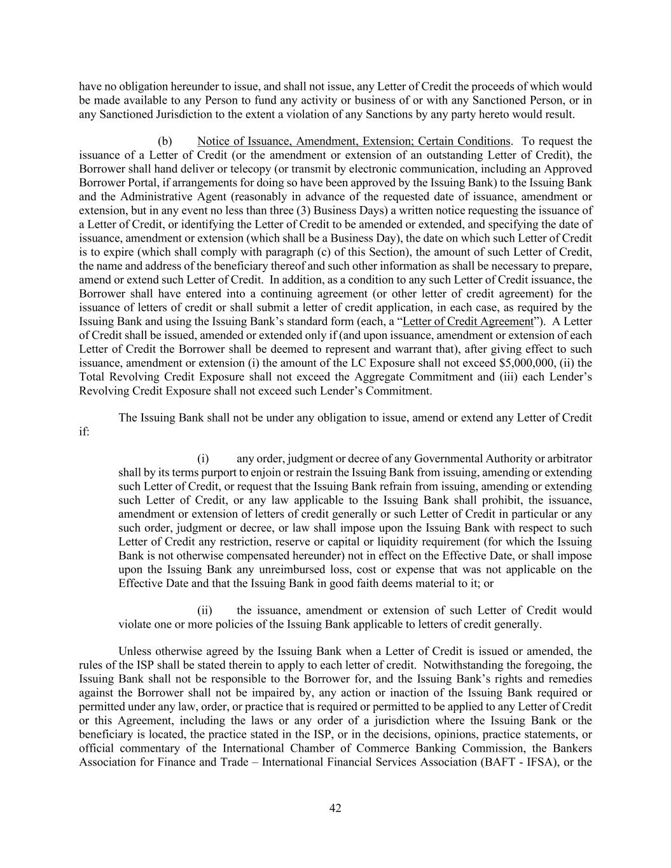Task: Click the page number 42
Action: [x=335, y=808]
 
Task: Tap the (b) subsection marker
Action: [x=165, y=141]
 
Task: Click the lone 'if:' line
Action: [x=84, y=432]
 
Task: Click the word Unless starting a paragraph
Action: [x=135, y=651]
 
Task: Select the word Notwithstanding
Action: [x=457, y=665]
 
